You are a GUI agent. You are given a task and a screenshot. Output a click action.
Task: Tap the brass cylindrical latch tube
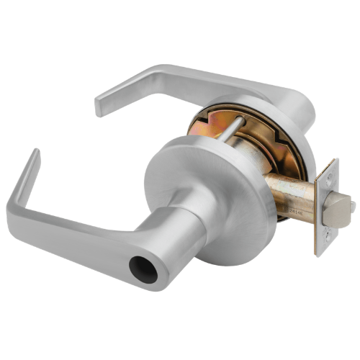coord(292,195)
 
